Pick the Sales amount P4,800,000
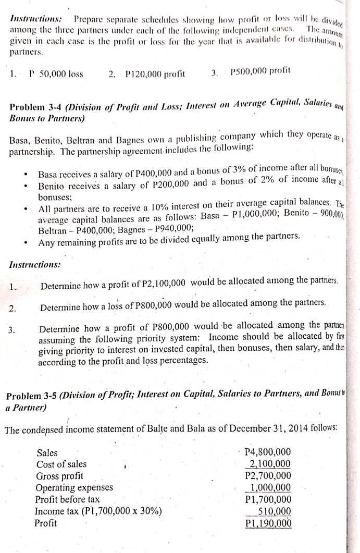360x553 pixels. (268, 452)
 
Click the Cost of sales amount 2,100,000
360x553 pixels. (270, 464)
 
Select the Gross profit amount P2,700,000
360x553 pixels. (268, 475)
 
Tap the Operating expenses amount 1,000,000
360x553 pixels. (270, 487)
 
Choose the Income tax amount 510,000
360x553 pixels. (275, 511)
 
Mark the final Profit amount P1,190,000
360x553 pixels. (268, 523)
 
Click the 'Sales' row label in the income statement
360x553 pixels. (47, 453)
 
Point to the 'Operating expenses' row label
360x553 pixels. (74, 488)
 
